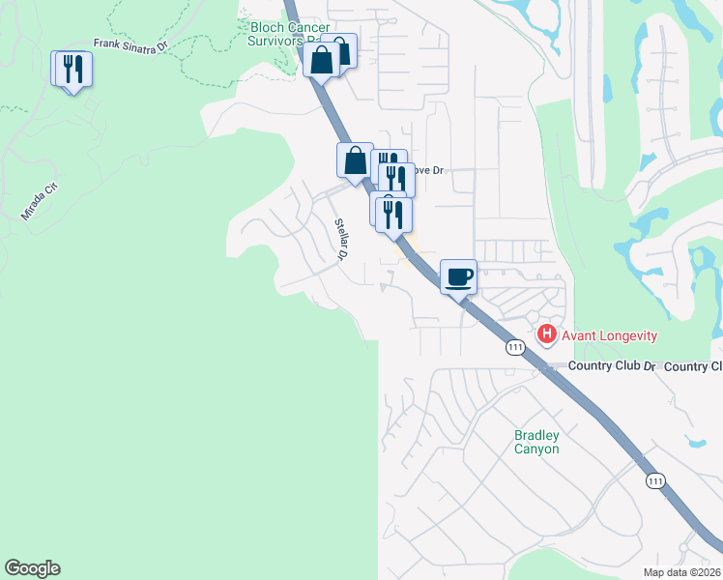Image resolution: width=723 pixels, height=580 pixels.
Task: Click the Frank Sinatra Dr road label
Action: (x=130, y=43)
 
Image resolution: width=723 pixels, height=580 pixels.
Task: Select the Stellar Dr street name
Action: (x=340, y=240)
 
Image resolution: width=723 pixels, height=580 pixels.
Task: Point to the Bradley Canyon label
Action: (x=536, y=442)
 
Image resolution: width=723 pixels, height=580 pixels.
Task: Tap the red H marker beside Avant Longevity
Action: (x=547, y=334)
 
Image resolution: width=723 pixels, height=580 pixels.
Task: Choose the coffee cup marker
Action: (x=459, y=276)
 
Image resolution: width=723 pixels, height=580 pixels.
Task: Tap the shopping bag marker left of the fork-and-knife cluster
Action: (x=356, y=160)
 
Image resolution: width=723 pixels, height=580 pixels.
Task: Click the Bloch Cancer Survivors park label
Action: (x=290, y=35)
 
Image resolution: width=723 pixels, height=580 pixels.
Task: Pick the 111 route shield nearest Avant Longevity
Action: (x=515, y=347)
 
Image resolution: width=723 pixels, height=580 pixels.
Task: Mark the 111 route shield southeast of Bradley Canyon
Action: (x=656, y=480)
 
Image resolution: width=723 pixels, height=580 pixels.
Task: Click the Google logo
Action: (x=32, y=568)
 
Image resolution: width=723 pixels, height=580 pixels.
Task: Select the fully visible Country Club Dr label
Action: (x=612, y=366)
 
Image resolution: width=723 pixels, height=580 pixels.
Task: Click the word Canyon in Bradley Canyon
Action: (x=536, y=449)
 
